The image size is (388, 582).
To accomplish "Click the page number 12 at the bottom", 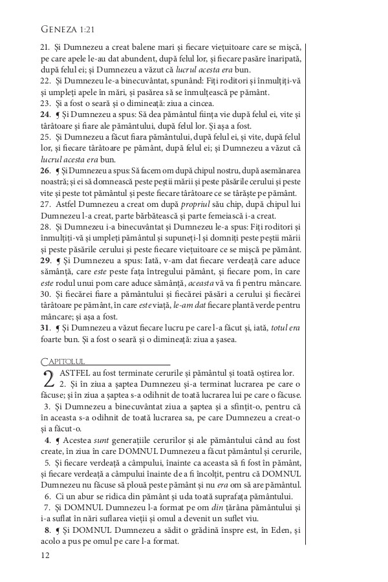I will tap(45, 554).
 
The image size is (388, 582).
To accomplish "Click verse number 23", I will tap(45, 103).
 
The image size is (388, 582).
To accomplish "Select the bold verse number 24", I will tap(45, 114).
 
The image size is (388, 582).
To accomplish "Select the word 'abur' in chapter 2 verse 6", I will tap(88, 496).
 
